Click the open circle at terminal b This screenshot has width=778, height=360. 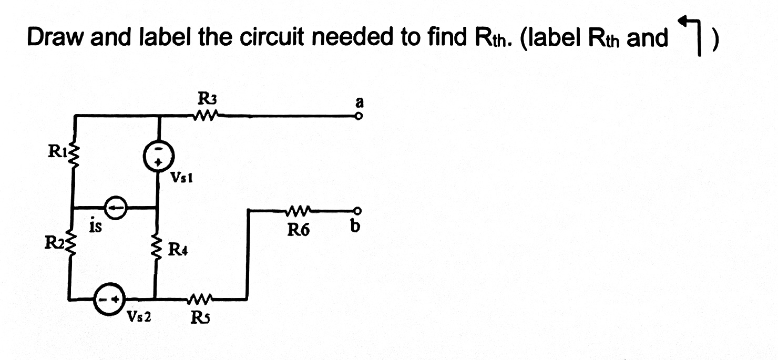coord(359,211)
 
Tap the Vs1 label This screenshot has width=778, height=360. coord(182,179)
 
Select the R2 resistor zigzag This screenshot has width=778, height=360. coord(73,245)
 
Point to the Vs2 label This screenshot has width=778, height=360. coord(138,317)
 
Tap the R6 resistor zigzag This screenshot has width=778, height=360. coord(298,211)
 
